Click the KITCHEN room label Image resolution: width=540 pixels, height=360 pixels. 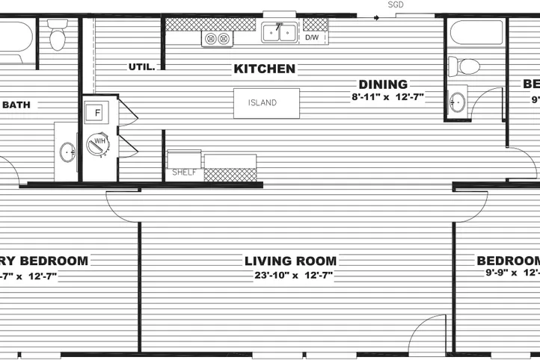click(x=264, y=69)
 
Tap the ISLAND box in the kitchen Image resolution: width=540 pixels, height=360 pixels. click(x=266, y=103)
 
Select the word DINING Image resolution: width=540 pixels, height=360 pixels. click(x=382, y=84)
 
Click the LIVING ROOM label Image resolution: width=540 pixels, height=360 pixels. click(x=290, y=261)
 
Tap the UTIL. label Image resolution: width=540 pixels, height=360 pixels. click(x=141, y=66)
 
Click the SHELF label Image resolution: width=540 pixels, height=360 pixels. click(x=184, y=173)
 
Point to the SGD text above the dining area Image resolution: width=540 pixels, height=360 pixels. click(x=396, y=4)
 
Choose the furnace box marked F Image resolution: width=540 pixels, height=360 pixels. click(x=98, y=113)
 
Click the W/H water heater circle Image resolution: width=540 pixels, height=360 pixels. click(x=98, y=143)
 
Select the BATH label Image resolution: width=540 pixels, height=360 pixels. click(x=16, y=105)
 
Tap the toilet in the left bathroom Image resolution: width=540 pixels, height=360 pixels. click(x=58, y=34)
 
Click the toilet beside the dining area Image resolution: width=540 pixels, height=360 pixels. click(x=467, y=66)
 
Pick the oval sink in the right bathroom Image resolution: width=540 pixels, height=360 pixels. click(x=457, y=101)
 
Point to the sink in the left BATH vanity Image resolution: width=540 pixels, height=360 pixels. click(x=67, y=153)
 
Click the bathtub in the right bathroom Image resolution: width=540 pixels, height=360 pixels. click(x=476, y=33)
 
